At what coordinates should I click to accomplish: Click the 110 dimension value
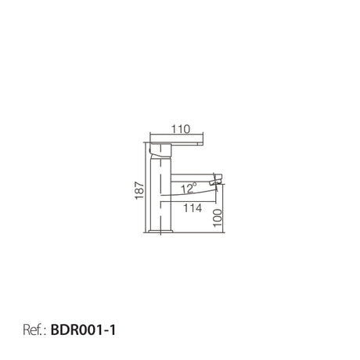coord(181,129)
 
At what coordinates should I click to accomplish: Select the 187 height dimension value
coord(139,190)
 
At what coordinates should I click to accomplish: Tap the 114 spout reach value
coord(193,208)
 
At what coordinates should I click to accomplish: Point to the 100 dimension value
coord(218,218)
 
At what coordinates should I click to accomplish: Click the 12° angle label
coord(189,188)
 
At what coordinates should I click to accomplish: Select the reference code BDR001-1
coord(83,330)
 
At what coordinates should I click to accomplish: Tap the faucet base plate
coord(160,231)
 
